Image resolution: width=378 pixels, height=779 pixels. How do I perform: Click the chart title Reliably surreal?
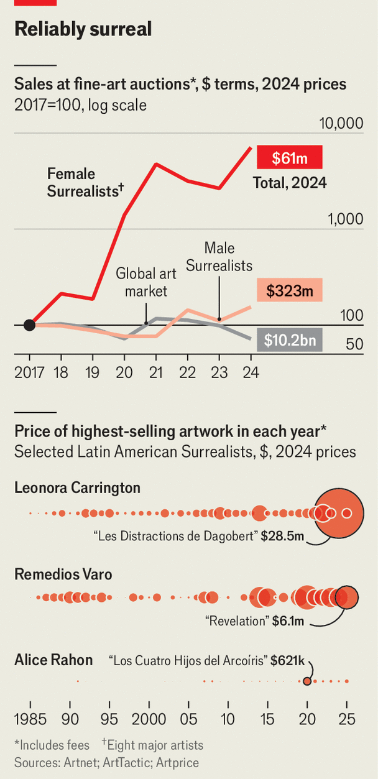[83, 29]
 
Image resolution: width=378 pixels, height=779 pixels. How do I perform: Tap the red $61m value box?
[290, 159]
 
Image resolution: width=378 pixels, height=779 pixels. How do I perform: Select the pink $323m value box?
[290, 290]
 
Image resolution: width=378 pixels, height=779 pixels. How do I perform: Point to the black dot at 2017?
[29, 325]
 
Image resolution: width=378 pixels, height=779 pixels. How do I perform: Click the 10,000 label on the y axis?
[341, 123]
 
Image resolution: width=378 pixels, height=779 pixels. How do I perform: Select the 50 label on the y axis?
[354, 344]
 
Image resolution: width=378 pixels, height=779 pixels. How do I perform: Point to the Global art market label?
[146, 282]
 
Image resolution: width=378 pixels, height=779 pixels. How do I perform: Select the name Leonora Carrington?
[77, 487]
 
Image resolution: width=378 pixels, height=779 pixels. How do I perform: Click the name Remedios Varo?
[63, 574]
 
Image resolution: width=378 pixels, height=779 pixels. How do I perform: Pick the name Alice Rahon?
[53, 660]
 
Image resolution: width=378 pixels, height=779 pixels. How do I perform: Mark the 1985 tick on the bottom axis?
[30, 719]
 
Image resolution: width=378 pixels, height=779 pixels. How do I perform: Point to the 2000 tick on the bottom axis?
[149, 719]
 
